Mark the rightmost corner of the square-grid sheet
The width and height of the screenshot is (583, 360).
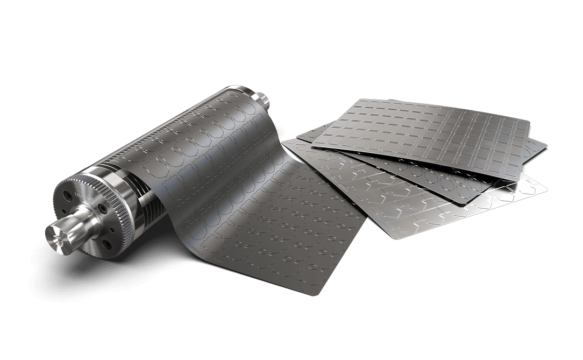530,122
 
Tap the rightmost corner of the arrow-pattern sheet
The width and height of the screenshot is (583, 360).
546,188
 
